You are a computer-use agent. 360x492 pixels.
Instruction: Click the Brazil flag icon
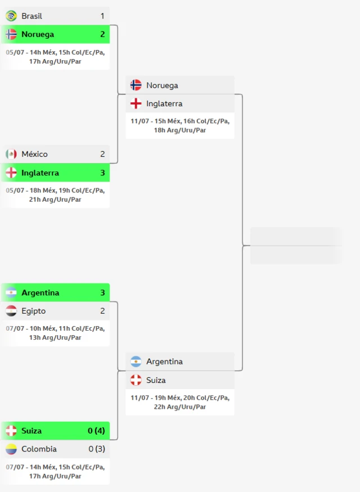(x=11, y=16)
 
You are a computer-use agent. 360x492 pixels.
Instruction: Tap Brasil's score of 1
(x=102, y=16)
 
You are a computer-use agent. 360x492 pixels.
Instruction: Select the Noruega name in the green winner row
(x=38, y=34)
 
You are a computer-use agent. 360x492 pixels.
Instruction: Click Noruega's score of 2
(x=102, y=34)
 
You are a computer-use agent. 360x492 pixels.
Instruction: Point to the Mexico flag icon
(x=11, y=154)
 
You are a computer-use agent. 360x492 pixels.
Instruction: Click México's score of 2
(x=102, y=154)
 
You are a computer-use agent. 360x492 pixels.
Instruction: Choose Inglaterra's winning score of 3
(x=102, y=173)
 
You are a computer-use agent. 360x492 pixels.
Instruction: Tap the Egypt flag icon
(x=11, y=311)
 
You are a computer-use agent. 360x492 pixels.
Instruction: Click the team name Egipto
(x=34, y=311)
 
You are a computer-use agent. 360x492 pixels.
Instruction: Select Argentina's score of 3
(x=102, y=292)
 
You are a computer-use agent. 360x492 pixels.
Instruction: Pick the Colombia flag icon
(x=11, y=449)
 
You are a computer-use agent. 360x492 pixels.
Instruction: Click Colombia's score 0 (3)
(x=97, y=449)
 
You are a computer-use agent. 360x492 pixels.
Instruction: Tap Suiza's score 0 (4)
(x=96, y=431)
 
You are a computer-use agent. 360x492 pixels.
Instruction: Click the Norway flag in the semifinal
(x=136, y=85)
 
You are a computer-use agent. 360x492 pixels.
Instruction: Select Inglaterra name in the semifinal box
(x=164, y=103)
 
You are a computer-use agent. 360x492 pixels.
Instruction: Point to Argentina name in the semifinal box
(x=164, y=362)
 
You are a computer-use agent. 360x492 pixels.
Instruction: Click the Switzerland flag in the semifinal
(x=136, y=380)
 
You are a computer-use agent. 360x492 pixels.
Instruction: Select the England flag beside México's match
(x=11, y=173)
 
